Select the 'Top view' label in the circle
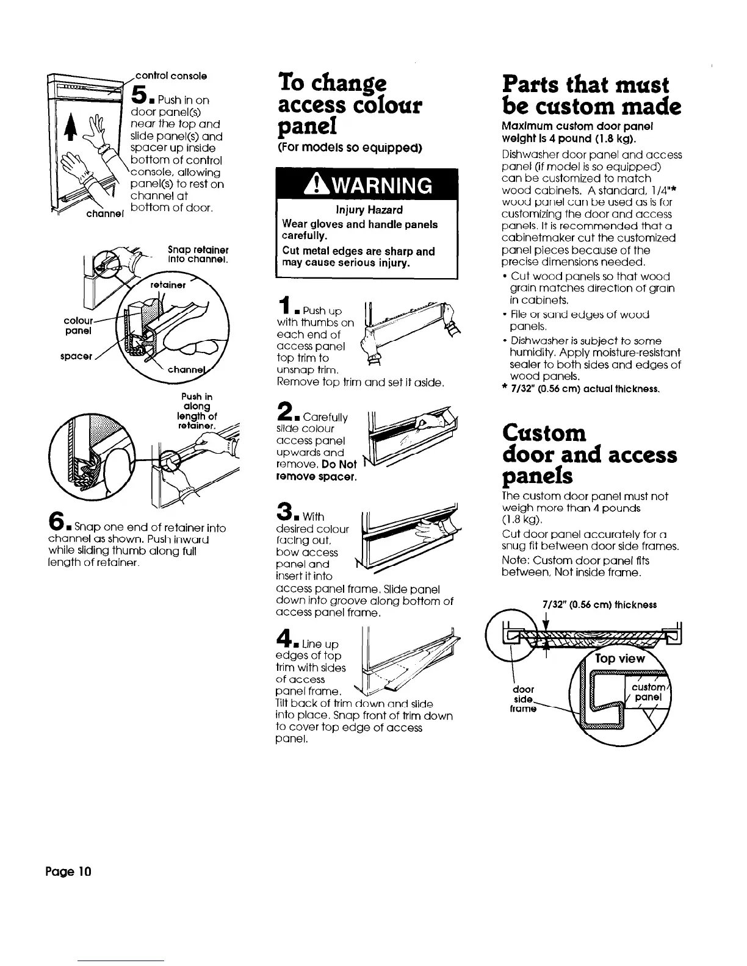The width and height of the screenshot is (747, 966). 619,659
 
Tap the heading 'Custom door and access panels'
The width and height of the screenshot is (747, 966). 589,455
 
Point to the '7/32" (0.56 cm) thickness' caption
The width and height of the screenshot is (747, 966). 599,605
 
